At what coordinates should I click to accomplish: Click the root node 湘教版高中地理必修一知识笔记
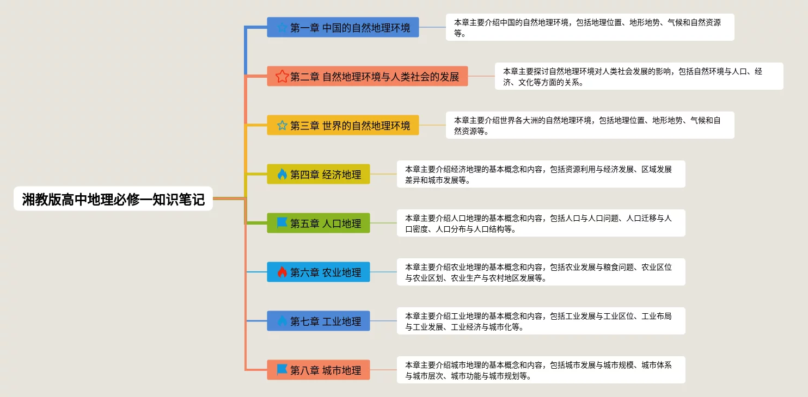coord(113,199)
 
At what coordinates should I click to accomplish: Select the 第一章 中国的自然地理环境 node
coord(343,27)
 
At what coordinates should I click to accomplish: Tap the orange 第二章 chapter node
coord(368,76)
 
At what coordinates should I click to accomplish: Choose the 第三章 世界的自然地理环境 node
coord(343,125)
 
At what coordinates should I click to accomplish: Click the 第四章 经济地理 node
coord(319,174)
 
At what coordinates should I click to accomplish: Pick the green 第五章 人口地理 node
coord(319,223)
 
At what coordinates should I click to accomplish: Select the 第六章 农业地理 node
coord(319,272)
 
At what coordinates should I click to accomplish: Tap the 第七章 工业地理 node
coord(319,321)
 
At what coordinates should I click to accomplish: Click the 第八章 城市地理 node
coord(319,370)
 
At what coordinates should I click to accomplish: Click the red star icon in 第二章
coord(282,76)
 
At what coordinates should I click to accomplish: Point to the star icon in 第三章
coord(282,125)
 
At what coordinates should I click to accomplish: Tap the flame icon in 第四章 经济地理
coord(282,174)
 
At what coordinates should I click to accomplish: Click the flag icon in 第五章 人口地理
coord(282,223)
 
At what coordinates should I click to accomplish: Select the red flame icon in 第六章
coord(282,272)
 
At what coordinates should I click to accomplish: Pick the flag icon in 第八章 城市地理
coord(282,370)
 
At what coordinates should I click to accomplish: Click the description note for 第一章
coord(590,27)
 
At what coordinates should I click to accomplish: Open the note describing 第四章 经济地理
coord(541,174)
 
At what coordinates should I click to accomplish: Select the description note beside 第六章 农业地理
coord(541,272)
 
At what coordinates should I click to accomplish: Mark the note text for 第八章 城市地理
coord(541,370)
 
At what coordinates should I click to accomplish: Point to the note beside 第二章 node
coord(639,76)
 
